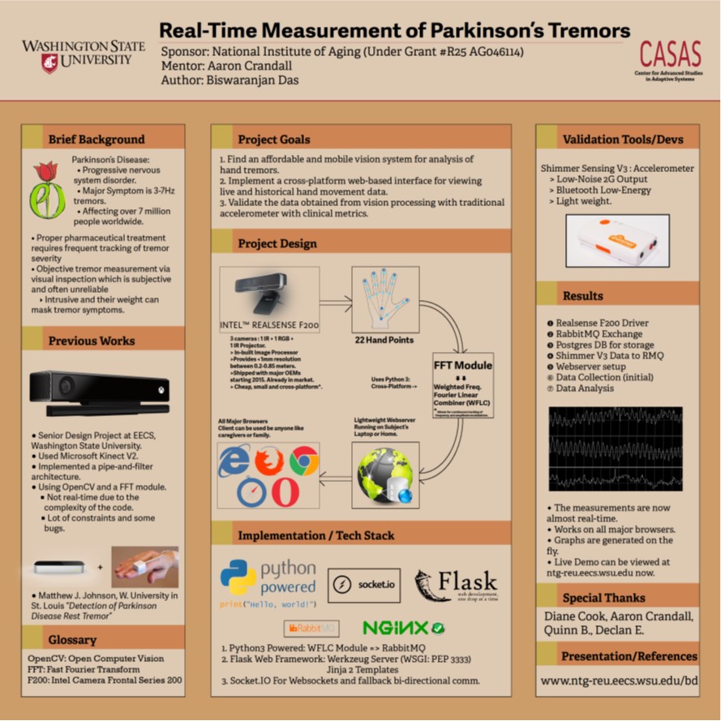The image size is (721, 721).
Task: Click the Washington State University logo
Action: coord(84,54)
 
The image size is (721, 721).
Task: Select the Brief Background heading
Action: coord(96,139)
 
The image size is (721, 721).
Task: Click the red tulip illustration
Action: coord(47,189)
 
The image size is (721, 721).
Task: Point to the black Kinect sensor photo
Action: coord(100,395)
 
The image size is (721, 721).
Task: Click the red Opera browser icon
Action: coord(284,492)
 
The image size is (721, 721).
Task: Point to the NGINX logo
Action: coord(403,627)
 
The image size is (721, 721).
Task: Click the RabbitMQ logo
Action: coord(311,628)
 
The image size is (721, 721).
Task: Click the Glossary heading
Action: coord(72,640)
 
